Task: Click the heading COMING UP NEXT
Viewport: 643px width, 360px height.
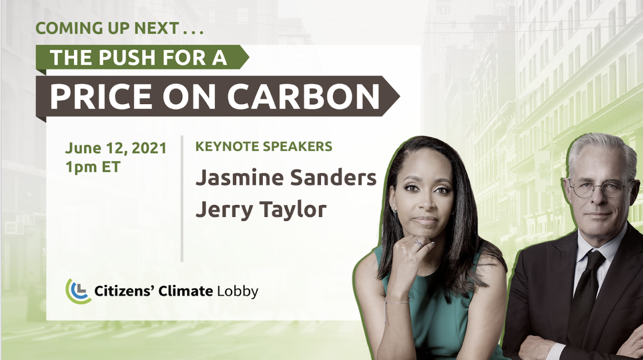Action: point(120,28)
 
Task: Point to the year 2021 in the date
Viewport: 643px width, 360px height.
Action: point(149,148)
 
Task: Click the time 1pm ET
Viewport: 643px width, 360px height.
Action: point(93,167)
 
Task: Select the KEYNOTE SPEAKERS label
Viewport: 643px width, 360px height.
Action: point(264,146)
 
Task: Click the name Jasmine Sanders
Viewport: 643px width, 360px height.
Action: point(286,178)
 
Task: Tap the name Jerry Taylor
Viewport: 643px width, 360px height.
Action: point(261,209)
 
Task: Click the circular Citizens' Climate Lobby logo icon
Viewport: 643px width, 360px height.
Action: point(78,291)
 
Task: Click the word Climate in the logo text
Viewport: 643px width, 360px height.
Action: point(186,291)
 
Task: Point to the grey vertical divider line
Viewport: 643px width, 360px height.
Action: point(182,198)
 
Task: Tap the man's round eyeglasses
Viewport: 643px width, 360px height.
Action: point(601,189)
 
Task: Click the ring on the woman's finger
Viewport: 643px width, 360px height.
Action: point(419,244)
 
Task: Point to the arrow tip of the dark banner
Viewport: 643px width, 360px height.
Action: point(399,96)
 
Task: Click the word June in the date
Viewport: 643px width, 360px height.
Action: point(83,148)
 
